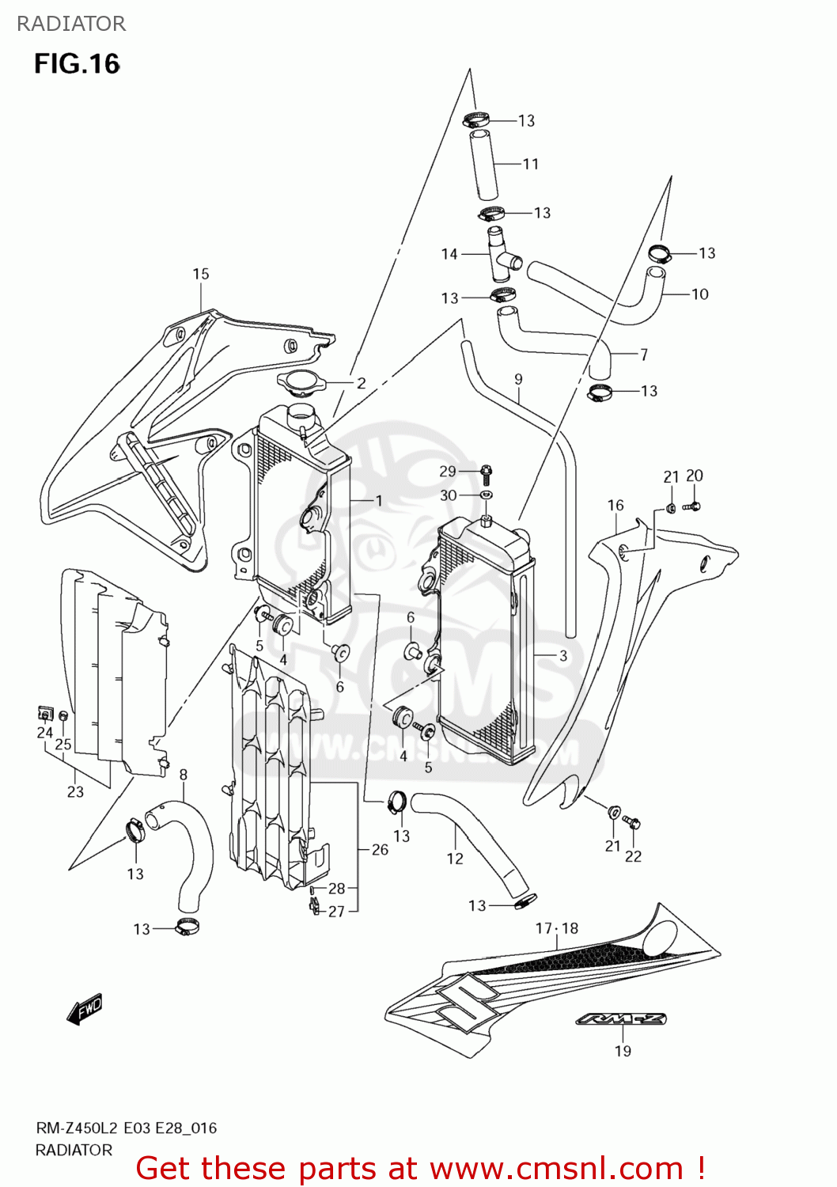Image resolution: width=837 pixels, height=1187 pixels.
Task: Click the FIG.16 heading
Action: coord(77,64)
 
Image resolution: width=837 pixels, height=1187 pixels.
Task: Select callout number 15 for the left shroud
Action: coord(201,274)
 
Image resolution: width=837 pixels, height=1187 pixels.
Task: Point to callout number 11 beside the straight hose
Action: coord(530,164)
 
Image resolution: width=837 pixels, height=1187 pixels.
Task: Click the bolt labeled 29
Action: coord(487,473)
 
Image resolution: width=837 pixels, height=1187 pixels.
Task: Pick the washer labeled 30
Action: coord(486,495)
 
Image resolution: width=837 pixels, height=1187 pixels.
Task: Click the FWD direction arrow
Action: coord(85,1010)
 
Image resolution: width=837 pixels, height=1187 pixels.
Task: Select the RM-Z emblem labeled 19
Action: coord(621,1019)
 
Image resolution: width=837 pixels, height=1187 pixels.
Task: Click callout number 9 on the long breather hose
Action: coord(518,379)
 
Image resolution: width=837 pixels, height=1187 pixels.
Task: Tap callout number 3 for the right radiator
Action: coord(562,655)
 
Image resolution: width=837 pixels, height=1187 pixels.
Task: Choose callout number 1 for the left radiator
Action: coord(378,500)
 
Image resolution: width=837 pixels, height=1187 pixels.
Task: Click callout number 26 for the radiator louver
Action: coord(380,849)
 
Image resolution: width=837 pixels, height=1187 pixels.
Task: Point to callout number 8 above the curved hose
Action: coord(184,775)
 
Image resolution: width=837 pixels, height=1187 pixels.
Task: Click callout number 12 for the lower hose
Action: coord(455,859)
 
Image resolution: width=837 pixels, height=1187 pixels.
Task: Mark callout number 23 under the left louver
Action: coord(75,791)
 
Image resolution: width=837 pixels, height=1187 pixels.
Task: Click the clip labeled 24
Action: coord(46,714)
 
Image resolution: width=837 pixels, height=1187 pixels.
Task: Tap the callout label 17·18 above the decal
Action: coord(557,928)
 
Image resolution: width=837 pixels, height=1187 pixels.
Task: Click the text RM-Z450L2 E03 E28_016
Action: coord(126,1128)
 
